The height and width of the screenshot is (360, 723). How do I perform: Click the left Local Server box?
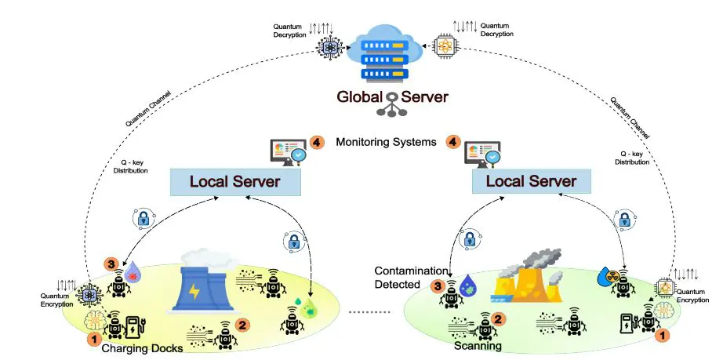235,182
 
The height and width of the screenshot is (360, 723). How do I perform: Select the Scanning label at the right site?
478,345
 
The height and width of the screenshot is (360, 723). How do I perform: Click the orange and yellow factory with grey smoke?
527,278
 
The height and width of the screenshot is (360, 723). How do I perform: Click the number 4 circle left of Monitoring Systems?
317,142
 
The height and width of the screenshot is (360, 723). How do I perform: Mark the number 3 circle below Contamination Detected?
439,287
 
